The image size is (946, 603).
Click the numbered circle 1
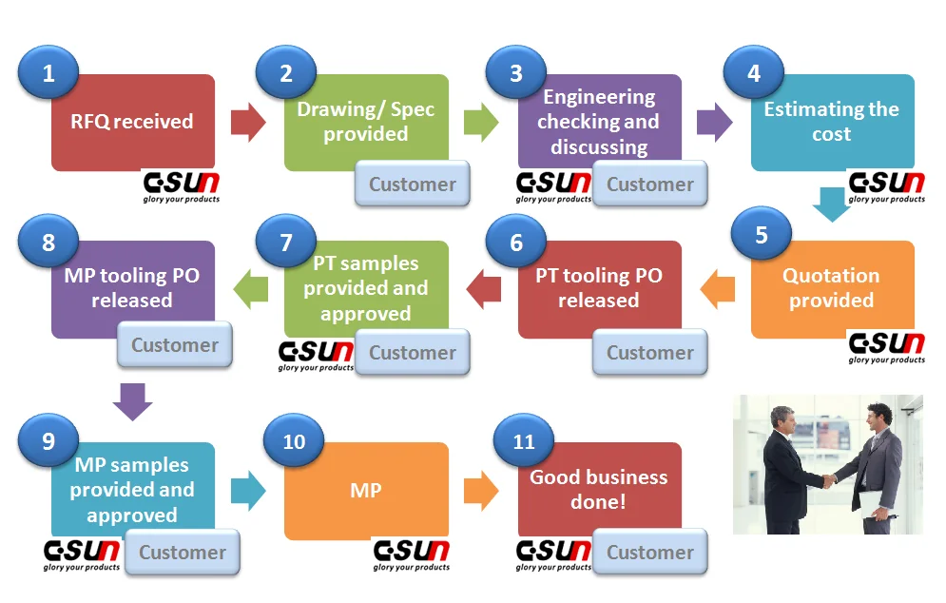pos(48,73)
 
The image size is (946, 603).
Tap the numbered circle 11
pos(525,442)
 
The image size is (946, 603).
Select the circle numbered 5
pos(762,235)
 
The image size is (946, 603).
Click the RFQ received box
pos(132,122)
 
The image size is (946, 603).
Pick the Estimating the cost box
pos(832,122)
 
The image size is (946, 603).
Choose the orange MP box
pos(366,491)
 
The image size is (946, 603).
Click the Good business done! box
pos(599,489)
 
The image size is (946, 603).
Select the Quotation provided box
pos(832,288)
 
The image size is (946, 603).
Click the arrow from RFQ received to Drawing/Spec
pos(248,123)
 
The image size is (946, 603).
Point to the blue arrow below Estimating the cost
pos(831,204)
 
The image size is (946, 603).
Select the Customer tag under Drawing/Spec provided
pos(412,185)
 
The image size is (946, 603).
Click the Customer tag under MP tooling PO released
pos(174,345)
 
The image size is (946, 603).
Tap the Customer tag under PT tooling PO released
pos(650,353)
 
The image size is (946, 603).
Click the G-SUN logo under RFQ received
pos(181,186)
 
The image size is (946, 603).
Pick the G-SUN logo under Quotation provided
pos(886,346)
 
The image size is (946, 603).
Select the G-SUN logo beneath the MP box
pos(411,554)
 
